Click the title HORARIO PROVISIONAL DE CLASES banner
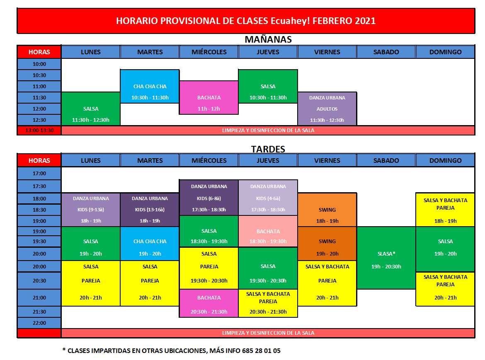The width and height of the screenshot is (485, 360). coord(246,21)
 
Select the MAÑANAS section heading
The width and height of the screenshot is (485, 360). coord(268,39)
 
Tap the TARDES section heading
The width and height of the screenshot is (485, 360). coord(268,149)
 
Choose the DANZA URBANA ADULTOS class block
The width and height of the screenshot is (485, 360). coord(327,109)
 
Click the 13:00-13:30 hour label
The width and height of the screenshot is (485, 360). coord(39,130)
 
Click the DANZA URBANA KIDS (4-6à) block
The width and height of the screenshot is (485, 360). coord(268,198)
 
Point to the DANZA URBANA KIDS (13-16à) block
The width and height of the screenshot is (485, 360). coord(150,210)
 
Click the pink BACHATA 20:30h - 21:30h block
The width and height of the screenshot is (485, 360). coord(209,303)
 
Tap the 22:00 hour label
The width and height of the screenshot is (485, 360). coord(39,323)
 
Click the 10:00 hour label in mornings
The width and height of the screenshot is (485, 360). coord(39,64)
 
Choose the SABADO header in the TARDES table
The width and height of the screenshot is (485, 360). coord(386,160)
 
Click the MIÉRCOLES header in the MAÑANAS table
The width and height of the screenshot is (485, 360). coord(209,52)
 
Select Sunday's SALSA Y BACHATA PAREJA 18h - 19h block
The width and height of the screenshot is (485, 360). coord(445,210)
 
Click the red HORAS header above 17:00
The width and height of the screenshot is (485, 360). coord(39,160)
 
